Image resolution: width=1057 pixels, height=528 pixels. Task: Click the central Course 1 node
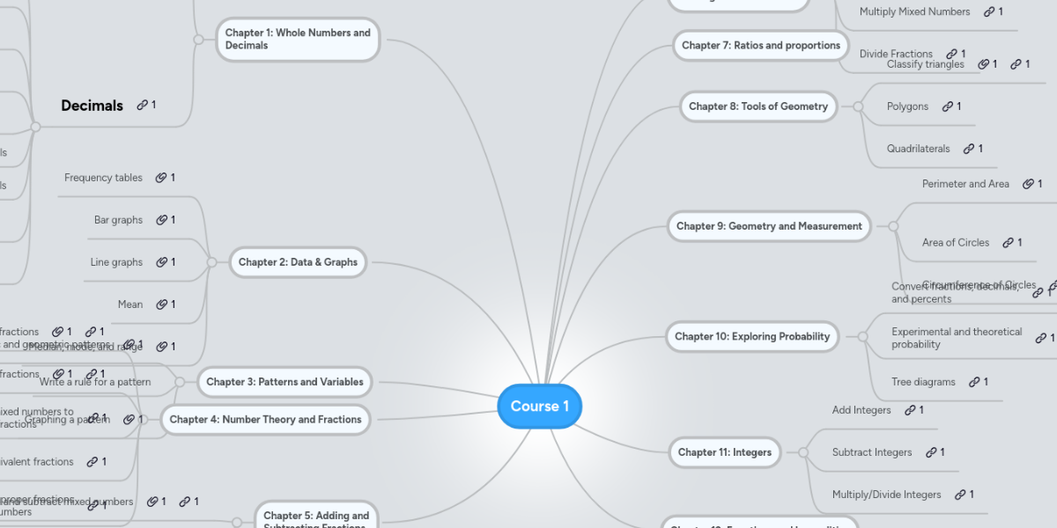[x=539, y=407]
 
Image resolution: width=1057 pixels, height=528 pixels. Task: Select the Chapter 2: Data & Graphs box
[x=298, y=262]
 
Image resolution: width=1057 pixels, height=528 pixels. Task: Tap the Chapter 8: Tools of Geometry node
[x=758, y=106]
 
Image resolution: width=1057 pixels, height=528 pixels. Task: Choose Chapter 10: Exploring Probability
[x=751, y=336]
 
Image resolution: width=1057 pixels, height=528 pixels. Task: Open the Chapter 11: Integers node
[x=724, y=452]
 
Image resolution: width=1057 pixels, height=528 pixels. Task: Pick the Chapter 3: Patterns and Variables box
[x=284, y=382]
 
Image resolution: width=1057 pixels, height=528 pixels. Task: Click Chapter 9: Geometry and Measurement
[x=768, y=226]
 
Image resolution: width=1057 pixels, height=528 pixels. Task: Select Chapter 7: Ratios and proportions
[x=760, y=46]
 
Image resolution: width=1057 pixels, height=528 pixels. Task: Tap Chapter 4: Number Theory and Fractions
[x=265, y=420]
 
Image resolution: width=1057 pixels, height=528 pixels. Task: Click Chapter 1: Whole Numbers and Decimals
[x=298, y=40]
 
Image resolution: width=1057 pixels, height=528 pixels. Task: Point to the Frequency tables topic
[x=103, y=178]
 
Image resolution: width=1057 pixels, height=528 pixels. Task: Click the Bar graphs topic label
[x=118, y=220]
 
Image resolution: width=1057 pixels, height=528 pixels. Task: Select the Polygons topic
[x=907, y=106]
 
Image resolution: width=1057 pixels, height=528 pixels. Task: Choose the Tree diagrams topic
[x=923, y=382]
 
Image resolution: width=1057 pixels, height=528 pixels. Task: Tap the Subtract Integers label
[x=871, y=452]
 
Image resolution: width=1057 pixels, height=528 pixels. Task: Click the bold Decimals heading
[x=92, y=106]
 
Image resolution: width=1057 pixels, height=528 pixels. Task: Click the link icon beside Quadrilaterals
[x=968, y=149]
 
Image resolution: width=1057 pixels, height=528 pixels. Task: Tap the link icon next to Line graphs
[x=161, y=262]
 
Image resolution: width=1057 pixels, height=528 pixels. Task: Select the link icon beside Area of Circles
[x=1008, y=243]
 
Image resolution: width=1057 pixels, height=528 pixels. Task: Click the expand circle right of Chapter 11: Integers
[x=802, y=452]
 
